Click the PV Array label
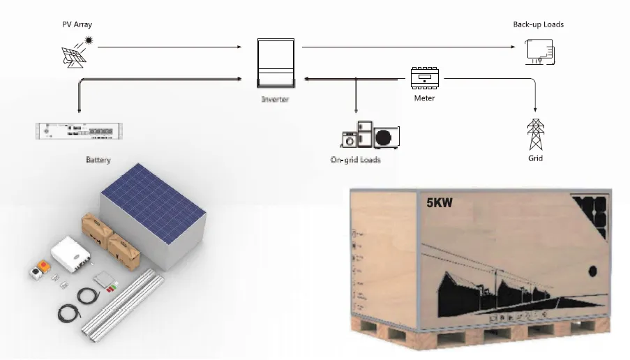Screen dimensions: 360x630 click(77, 25)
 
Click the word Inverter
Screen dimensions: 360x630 click(275, 100)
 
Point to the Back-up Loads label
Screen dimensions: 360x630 click(538, 24)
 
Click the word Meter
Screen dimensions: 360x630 click(424, 98)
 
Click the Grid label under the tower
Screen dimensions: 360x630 click(535, 158)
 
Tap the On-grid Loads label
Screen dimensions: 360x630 click(356, 160)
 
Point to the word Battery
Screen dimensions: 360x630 click(98, 160)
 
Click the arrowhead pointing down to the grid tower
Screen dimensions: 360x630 click(535, 110)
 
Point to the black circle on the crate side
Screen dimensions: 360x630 click(594, 271)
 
